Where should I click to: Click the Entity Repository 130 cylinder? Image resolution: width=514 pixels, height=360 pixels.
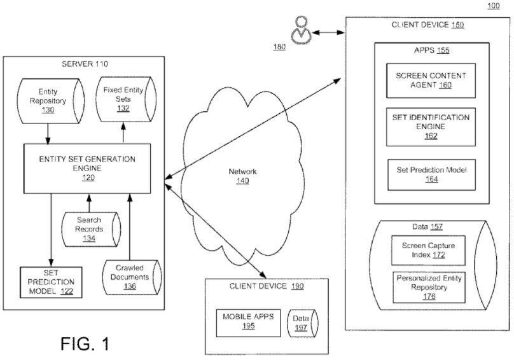pos(47,100)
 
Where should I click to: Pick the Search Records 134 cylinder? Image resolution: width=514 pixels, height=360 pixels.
pos(90,229)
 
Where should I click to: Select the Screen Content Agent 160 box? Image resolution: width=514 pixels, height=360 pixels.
pos(431,80)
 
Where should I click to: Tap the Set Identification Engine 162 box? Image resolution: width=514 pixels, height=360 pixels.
pos(431,126)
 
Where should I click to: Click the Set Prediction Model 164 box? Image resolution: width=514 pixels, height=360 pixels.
pos(431,174)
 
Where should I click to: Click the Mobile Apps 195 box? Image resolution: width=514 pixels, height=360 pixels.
pos(247,321)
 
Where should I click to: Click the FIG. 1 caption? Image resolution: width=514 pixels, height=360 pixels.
pos(85,344)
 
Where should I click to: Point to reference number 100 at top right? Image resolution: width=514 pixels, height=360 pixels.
pos(494,6)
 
